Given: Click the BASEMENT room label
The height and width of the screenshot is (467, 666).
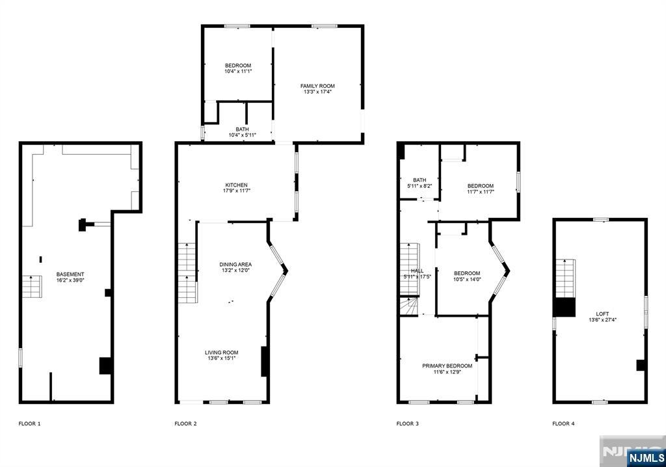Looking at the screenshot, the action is tap(70, 274).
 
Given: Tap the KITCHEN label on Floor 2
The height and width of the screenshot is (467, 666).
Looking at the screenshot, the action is tap(237, 185).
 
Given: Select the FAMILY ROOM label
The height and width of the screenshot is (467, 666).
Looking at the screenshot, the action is tap(317, 86).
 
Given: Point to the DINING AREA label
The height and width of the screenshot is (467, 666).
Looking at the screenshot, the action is tap(235, 264).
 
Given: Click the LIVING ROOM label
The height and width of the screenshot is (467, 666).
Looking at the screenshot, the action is tap(222, 353).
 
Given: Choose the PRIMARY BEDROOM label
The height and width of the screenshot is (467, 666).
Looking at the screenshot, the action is tap(447, 366).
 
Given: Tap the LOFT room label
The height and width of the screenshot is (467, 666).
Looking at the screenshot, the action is tap(602, 314).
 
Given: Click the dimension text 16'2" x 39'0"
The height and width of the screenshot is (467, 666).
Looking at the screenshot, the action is tap(70, 280).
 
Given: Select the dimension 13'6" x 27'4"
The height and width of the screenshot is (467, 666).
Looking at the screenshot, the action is tap(603, 319).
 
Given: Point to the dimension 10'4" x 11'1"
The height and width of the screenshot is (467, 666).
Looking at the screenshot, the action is tap(238, 71).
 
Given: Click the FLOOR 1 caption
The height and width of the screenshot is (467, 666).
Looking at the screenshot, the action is tap(30, 423).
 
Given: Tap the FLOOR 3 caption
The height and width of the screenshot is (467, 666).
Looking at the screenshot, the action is tap(408, 423).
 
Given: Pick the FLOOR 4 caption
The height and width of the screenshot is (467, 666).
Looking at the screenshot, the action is tap(564, 423).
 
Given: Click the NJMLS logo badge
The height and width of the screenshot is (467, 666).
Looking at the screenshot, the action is tap(646, 457).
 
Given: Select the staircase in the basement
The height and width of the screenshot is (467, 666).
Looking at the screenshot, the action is tap(32, 287).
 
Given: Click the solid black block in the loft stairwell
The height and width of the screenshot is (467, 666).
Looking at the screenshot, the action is tap(564, 307).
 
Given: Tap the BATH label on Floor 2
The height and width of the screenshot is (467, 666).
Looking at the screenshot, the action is tap(243, 129).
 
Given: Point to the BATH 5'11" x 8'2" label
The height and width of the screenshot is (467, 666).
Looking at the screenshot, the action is tap(420, 183).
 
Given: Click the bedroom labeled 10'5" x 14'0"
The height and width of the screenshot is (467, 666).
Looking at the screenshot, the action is tap(467, 276).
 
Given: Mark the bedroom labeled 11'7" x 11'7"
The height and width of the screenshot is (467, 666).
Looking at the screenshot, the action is tap(481, 189).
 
